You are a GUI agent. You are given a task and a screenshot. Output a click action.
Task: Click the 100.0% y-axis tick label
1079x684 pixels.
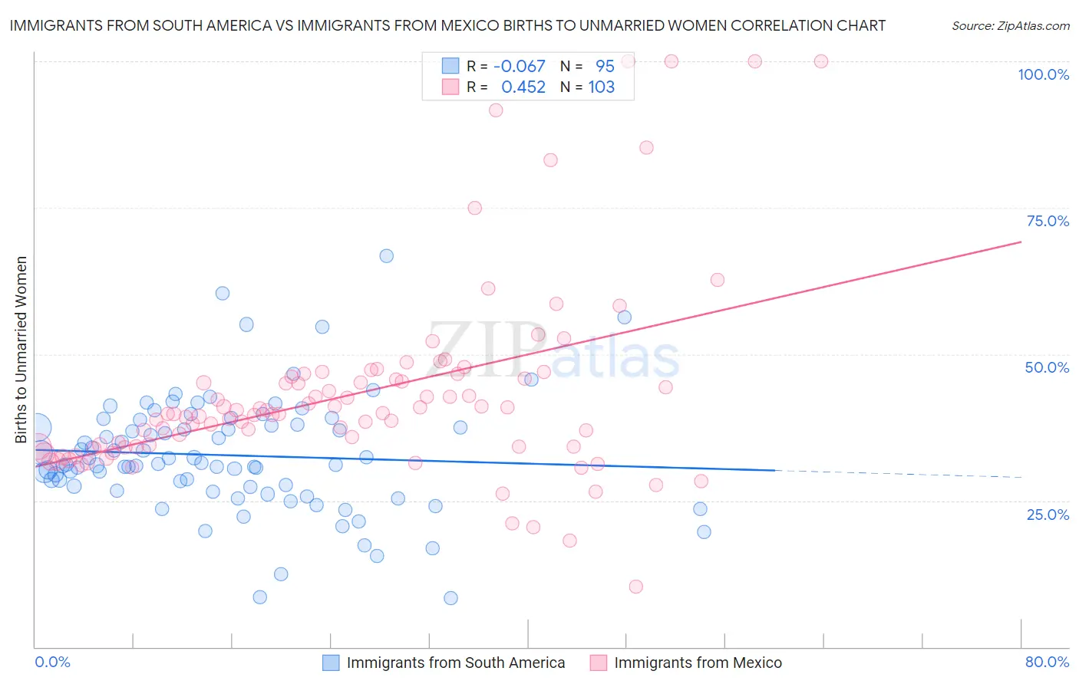pyautogui.click(x=1043, y=74)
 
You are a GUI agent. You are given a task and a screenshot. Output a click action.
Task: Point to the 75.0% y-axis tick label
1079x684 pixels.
pyautogui.click(x=1048, y=221)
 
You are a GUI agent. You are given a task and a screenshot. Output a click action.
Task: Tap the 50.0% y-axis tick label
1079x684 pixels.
pyautogui.click(x=1047, y=367)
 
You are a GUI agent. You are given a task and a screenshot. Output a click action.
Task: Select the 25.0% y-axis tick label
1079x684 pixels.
pyautogui.click(x=1048, y=515)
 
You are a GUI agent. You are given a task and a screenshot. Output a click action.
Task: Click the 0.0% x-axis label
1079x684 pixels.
pyautogui.click(x=52, y=662)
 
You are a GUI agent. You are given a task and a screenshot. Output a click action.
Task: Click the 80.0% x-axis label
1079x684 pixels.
pyautogui.click(x=1047, y=662)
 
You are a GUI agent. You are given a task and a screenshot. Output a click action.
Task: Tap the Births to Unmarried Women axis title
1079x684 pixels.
pyautogui.click(x=21, y=350)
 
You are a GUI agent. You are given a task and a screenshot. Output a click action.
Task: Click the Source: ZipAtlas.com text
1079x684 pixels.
pyautogui.click(x=1010, y=26)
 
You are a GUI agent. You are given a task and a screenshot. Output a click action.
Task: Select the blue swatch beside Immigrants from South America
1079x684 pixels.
pyautogui.click(x=331, y=663)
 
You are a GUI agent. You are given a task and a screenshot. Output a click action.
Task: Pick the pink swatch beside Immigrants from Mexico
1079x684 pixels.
pyautogui.click(x=599, y=663)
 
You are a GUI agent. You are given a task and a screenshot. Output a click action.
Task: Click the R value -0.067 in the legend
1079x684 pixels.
pyautogui.click(x=520, y=67)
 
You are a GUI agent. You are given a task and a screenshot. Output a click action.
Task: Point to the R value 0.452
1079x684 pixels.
pyautogui.click(x=523, y=87)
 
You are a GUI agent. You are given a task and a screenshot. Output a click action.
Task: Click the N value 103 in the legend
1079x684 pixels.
pyautogui.click(x=602, y=87)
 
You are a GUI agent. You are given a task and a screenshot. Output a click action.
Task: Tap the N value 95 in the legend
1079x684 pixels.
pyautogui.click(x=605, y=67)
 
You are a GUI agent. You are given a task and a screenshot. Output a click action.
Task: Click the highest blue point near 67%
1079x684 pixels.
pyautogui.click(x=387, y=256)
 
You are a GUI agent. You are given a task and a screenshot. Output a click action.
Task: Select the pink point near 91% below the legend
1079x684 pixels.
pyautogui.click(x=496, y=110)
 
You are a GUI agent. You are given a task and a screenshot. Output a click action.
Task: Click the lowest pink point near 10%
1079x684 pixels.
pyautogui.click(x=635, y=587)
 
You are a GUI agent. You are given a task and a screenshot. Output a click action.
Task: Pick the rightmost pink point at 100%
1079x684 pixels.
pyautogui.click(x=821, y=61)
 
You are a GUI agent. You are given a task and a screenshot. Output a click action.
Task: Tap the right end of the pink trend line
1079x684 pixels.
pyautogui.click(x=1021, y=242)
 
